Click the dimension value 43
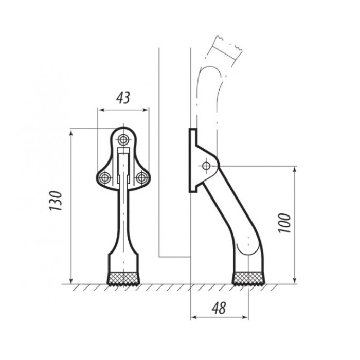[123, 98]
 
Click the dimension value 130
[56, 201]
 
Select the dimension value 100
[284, 223]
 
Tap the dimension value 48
[219, 308]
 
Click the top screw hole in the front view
[123, 139]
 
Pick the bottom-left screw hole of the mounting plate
[105, 177]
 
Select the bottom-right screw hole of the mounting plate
[141, 177]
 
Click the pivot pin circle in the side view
[206, 165]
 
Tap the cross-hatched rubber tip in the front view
[123, 279]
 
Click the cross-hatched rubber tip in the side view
[248, 279]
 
